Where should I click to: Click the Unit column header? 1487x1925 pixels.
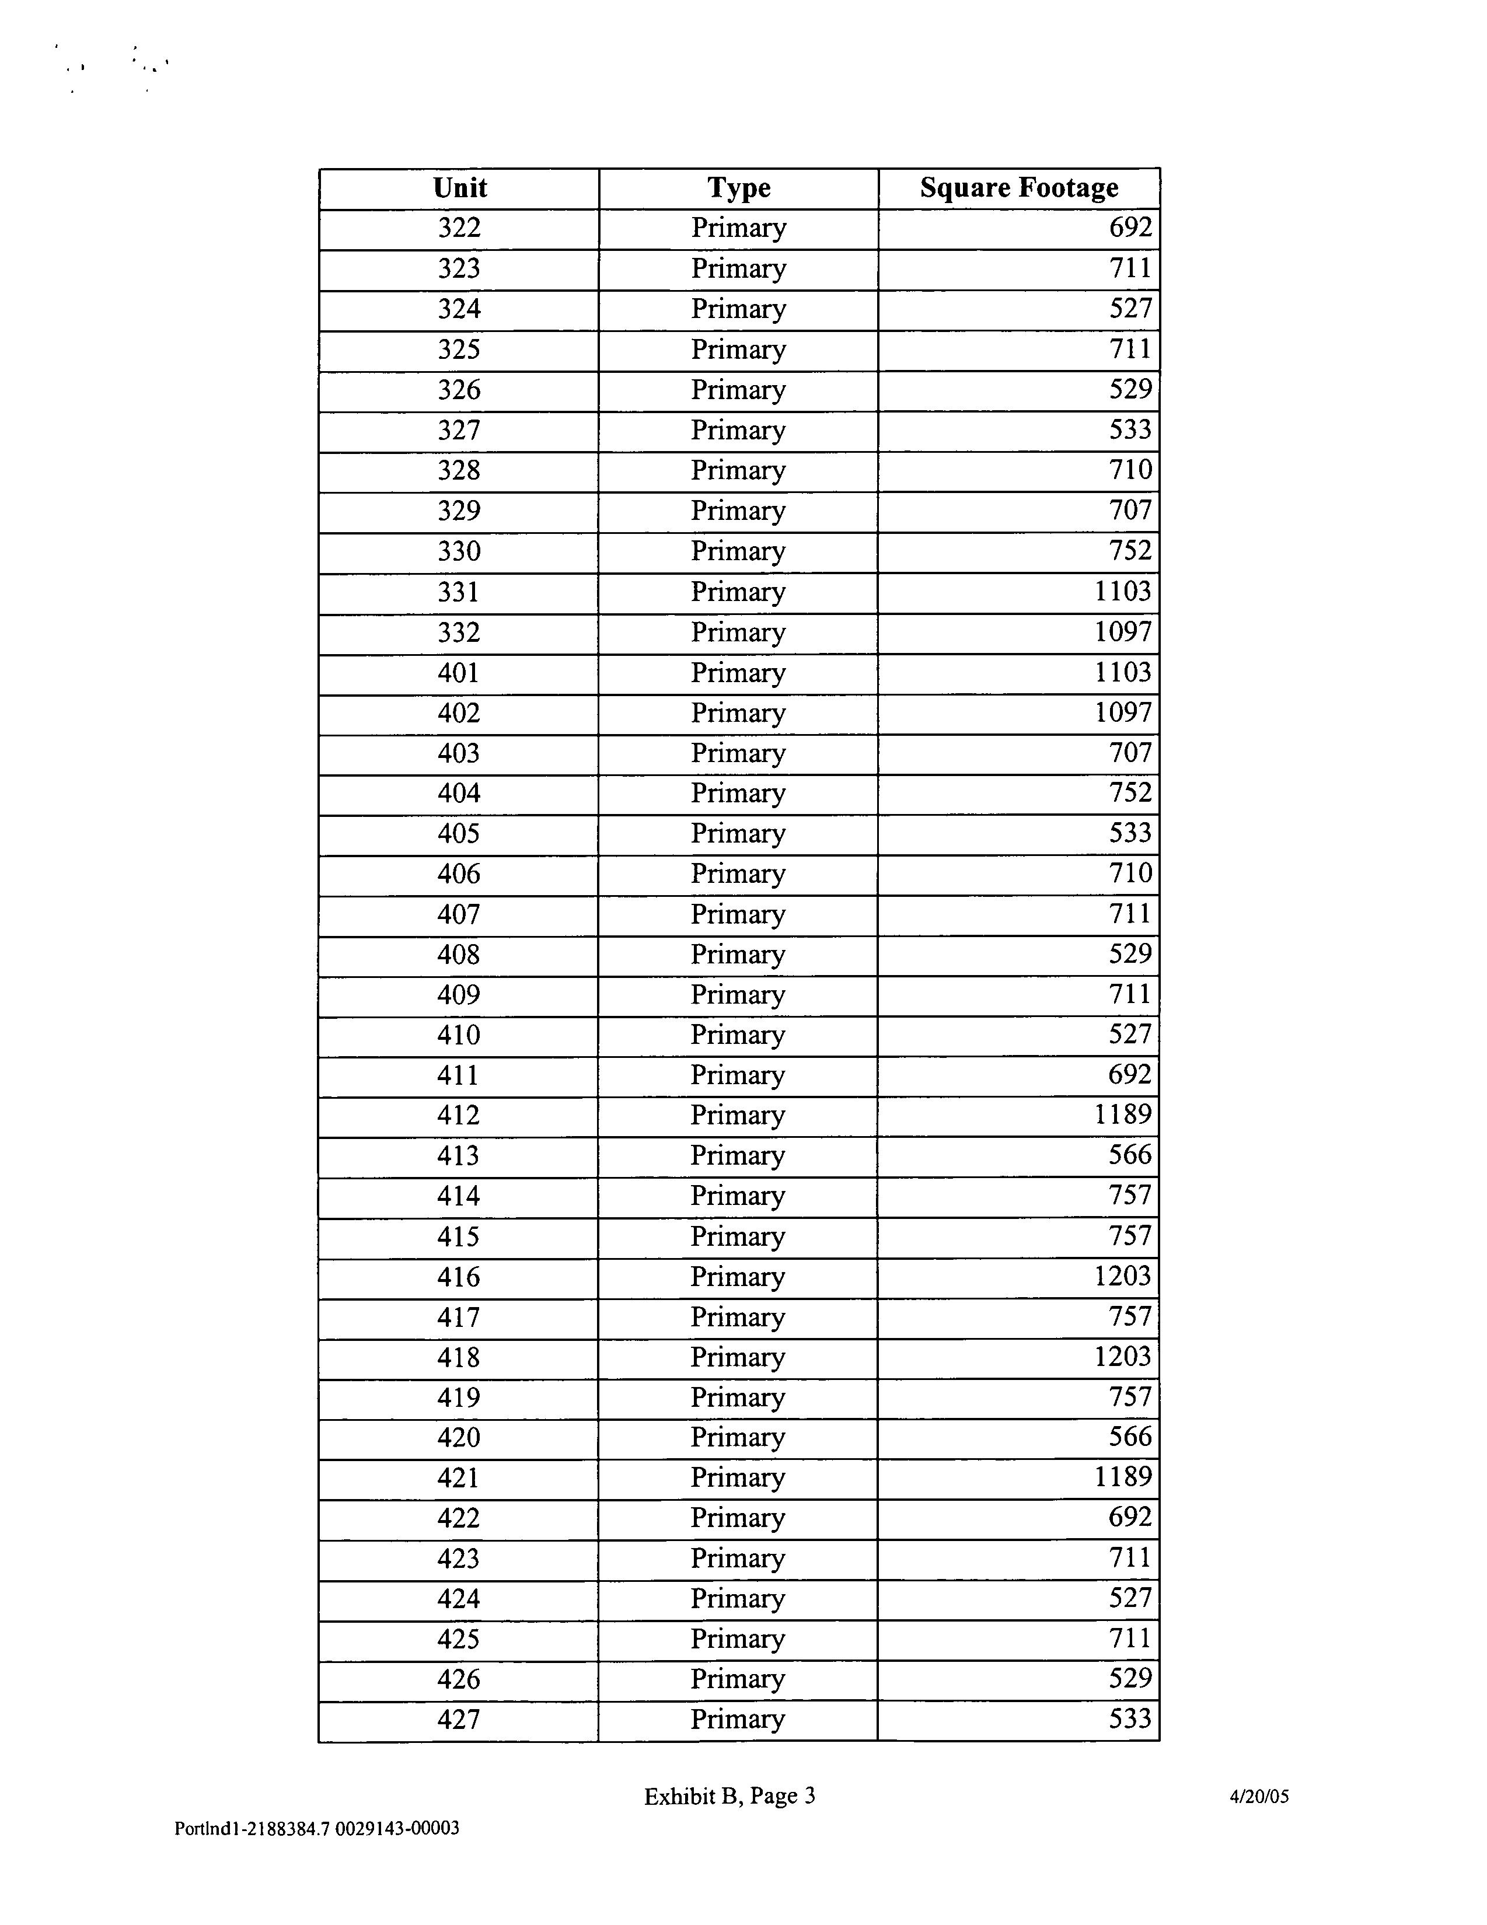[459, 188]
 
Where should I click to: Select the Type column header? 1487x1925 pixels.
[739, 188]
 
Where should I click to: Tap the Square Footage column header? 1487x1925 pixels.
[1019, 188]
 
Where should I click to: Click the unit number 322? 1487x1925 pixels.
[459, 228]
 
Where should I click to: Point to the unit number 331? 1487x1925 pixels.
[459, 592]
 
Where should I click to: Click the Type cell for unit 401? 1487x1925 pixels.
[738, 673]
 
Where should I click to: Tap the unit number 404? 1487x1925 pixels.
[459, 793]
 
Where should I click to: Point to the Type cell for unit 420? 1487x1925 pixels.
[737, 1438]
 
